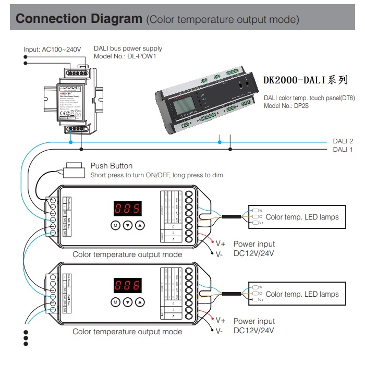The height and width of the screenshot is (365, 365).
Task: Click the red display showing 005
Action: pos(128,209)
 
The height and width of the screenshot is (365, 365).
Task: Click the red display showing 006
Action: pos(128,285)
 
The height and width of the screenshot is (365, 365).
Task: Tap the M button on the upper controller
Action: pos(115,225)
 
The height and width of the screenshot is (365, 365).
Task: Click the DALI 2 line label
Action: pos(343,141)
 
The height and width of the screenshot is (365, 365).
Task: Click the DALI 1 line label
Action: pos(343,150)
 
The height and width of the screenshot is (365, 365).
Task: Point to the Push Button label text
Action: pos(112,166)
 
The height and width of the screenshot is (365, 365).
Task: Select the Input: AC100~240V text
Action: pos(52,50)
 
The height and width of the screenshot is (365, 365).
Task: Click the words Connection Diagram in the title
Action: pos(79,19)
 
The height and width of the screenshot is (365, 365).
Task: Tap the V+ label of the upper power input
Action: pos(221,244)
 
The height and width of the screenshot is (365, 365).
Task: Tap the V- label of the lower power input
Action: pos(220,331)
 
